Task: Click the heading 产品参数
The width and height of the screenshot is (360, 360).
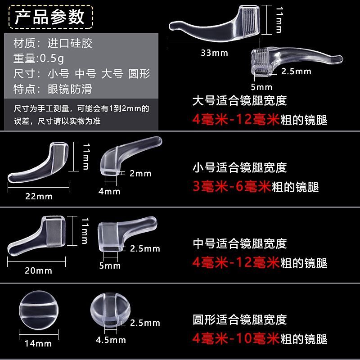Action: pos(50,17)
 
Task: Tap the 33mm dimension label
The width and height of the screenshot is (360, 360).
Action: pos(215,53)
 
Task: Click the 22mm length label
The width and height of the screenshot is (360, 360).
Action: pos(39,196)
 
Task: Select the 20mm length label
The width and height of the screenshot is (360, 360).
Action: pos(38,270)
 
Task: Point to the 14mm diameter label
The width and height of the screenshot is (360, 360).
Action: pos(38,343)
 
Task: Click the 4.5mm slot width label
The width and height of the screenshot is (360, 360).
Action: pos(111,340)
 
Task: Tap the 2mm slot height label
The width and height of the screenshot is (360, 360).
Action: pos(140,173)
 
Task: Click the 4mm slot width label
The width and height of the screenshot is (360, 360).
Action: pos(109,191)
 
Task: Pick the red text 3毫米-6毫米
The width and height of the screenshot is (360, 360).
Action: pos(232,186)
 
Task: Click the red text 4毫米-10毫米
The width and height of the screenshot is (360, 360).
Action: pos(236,338)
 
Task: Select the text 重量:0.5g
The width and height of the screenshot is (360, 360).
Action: pos(39,58)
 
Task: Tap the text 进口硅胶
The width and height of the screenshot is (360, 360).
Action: pos(70,43)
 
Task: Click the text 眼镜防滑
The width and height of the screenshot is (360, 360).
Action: pos(70,89)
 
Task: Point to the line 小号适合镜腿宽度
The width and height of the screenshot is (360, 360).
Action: pos(240,167)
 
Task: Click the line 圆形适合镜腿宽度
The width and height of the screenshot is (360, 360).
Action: pos(240,319)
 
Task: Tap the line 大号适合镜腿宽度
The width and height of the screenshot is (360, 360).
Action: pos(240,100)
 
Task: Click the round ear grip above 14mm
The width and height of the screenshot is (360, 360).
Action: pos(39,310)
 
